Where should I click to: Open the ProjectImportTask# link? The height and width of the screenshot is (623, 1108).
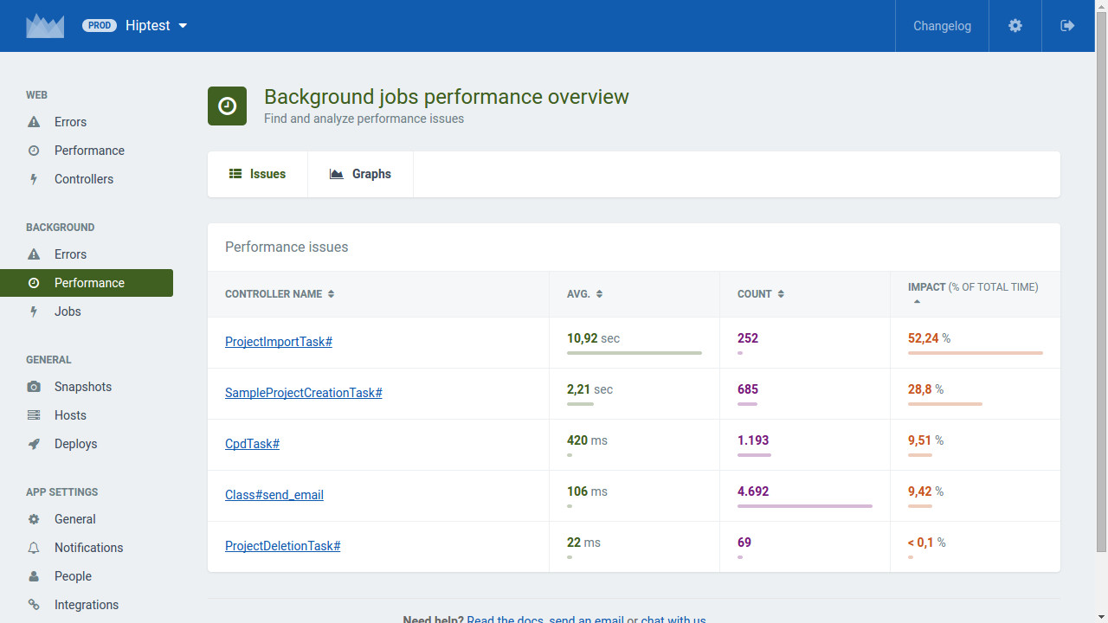pos(279,342)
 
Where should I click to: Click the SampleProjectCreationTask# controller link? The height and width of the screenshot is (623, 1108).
pos(303,393)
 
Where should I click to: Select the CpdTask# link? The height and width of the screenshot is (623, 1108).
pos(252,444)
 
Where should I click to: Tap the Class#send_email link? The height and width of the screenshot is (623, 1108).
pos(274,494)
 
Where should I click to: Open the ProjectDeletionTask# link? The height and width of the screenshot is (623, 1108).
pos(282,545)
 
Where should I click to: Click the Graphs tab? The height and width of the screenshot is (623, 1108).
pos(360,174)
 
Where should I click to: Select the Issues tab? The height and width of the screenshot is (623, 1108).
pos(257,174)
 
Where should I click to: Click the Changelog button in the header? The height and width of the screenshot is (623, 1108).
pos(942,26)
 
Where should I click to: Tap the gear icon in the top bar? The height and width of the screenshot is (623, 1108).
pos(1015,26)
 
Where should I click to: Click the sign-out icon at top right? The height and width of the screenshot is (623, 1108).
pos(1067,26)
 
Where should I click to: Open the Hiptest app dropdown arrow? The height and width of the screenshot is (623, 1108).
pos(183,26)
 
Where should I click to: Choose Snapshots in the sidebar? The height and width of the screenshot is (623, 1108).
pos(82,387)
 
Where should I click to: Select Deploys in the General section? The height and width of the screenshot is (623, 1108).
pos(75,444)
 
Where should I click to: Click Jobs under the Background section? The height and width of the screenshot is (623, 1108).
pos(68,311)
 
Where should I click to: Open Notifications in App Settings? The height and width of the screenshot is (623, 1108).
pos(88,548)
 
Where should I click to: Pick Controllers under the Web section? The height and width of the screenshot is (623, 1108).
pos(84,179)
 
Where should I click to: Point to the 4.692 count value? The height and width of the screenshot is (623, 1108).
pos(753,491)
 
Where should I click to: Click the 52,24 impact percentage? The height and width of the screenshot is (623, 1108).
pos(923,338)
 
